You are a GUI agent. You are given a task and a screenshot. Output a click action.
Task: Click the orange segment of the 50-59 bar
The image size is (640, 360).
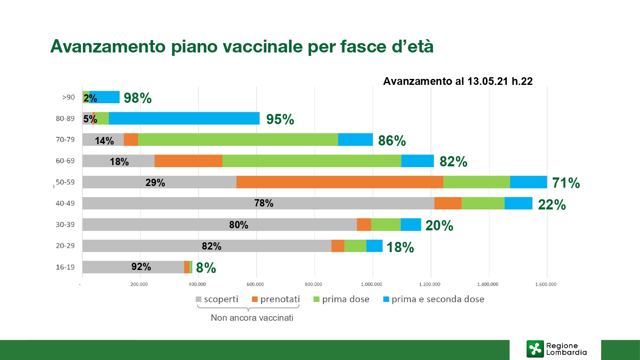(340, 182)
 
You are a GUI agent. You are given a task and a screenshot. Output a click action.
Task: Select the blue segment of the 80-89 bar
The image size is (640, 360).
(184, 119)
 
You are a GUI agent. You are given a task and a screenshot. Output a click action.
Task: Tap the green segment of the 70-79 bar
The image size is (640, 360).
(238, 139)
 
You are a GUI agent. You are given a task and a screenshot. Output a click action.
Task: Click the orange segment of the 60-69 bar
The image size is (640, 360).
(188, 161)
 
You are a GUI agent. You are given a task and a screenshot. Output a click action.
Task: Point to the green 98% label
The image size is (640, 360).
(137, 98)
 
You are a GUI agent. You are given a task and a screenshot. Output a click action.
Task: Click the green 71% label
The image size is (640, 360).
(566, 183)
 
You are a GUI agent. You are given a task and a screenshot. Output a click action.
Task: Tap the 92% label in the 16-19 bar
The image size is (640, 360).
(141, 267)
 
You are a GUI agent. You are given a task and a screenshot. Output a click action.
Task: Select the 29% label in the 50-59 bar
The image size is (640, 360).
(155, 183)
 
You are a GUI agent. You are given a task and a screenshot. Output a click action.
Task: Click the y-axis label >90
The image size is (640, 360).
(68, 97)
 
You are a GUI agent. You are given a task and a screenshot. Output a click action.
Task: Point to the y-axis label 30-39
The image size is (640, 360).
(65, 224)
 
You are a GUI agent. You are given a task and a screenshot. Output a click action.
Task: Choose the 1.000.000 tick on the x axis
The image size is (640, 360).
(371, 284)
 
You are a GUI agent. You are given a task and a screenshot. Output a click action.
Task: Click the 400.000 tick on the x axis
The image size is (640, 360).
(197, 284)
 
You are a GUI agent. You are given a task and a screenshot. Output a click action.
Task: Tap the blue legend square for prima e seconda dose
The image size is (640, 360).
(386, 299)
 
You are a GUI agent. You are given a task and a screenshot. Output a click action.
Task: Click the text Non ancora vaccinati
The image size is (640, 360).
(252, 318)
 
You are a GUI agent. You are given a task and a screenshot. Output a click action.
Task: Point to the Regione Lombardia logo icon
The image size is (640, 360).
(535, 349)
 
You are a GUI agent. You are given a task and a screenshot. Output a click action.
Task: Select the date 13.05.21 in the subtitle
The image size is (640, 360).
(488, 81)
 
